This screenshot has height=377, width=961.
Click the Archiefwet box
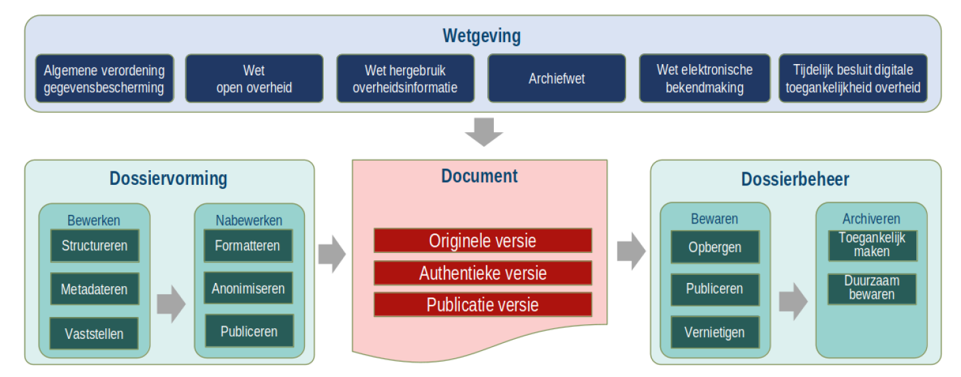click(557, 79)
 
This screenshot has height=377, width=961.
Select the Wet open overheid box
click(254, 79)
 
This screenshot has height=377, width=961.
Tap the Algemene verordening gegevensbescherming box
click(104, 79)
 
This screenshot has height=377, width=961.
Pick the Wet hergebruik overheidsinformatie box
click(405, 79)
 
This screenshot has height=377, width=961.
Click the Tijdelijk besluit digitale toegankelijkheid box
click(853, 79)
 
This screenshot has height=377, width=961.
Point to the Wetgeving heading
click(482, 36)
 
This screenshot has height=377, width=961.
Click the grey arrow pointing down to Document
click(483, 132)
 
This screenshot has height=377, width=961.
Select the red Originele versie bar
click(483, 240)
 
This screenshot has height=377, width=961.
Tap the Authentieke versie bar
click(483, 273)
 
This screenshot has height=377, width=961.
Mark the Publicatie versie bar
click(483, 305)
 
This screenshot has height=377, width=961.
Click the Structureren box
click(95, 246)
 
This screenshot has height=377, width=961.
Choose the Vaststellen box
click(94, 334)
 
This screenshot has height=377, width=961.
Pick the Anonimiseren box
click(248, 289)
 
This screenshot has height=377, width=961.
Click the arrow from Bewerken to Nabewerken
click(171, 304)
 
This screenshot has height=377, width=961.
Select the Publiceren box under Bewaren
click(715, 289)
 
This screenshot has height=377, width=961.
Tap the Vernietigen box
click(715, 332)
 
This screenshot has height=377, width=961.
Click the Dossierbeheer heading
click(795, 179)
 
